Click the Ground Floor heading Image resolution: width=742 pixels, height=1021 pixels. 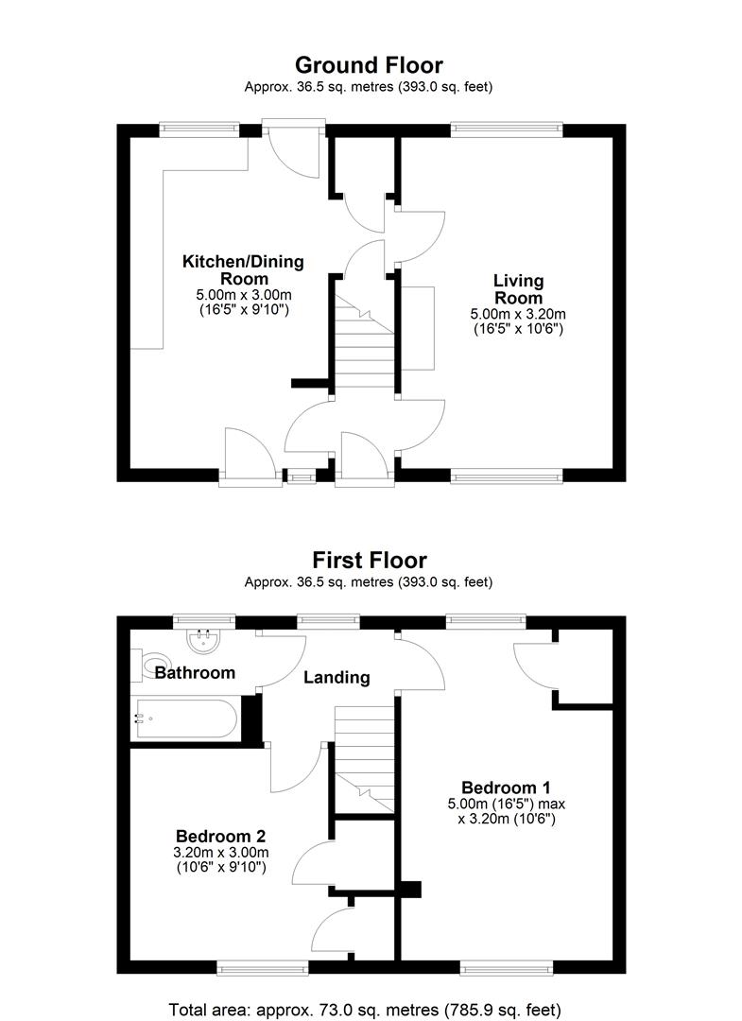[x=369, y=65]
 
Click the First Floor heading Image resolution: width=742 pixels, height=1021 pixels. [x=370, y=560]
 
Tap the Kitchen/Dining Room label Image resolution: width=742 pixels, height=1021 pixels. [x=244, y=270]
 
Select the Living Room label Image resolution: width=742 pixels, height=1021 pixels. [x=518, y=289]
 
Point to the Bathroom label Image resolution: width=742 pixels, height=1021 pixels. [x=196, y=673]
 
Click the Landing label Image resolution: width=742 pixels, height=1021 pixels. [x=336, y=678]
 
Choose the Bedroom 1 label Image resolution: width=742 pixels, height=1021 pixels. [x=506, y=787]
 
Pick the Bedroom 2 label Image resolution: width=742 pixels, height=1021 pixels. [x=220, y=836]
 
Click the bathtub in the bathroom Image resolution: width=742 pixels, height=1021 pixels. [x=185, y=718]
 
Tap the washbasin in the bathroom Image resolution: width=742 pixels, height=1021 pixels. [x=204, y=641]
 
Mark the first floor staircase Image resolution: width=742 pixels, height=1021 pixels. [x=365, y=758]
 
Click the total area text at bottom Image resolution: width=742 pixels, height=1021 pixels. [x=365, y=1010]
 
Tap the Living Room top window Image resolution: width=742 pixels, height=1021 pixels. [x=507, y=130]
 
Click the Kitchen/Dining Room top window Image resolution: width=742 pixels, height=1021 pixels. [x=199, y=130]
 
